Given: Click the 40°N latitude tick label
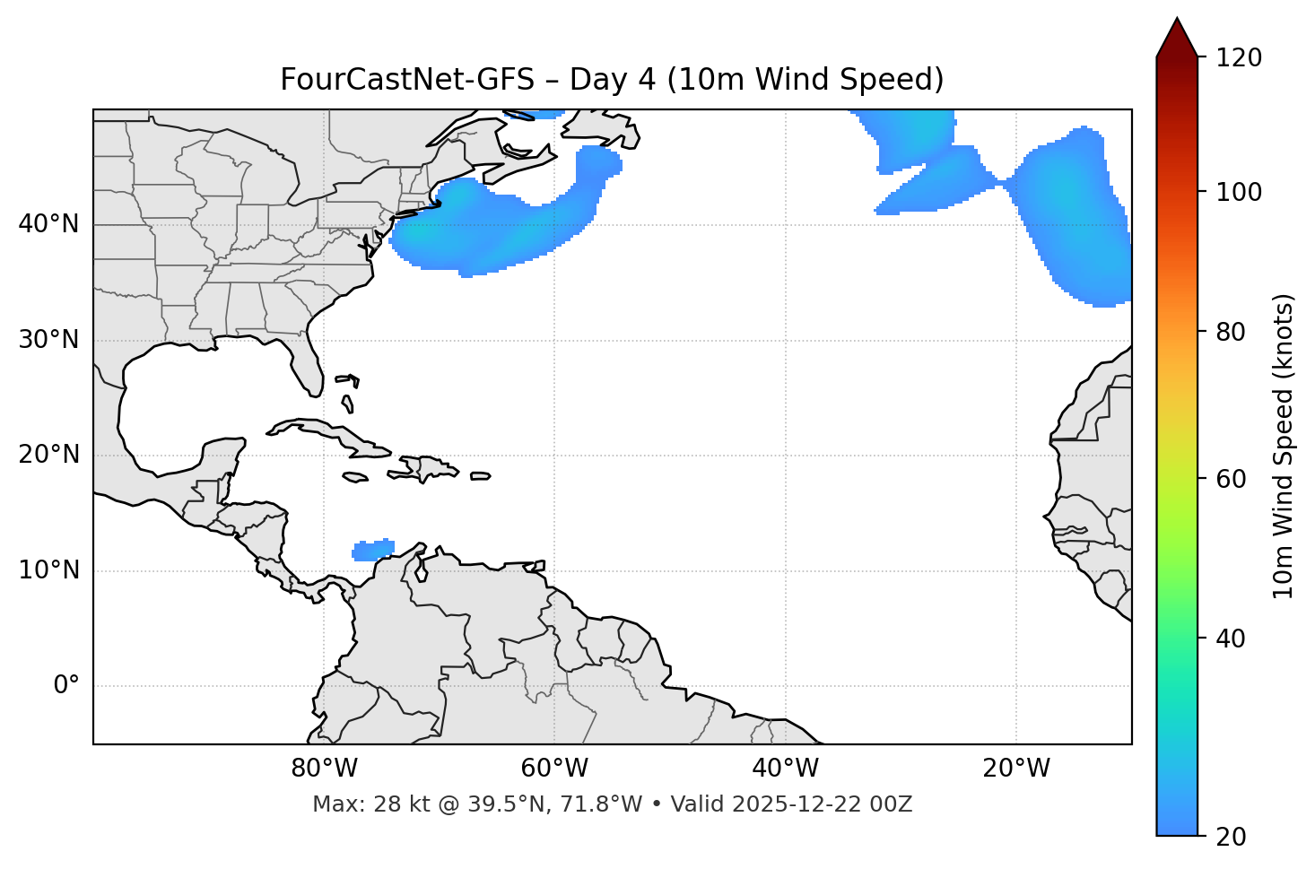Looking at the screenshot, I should click(x=48, y=224).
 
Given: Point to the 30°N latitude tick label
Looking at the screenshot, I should click(x=48, y=340).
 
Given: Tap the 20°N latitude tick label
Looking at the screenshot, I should click(x=48, y=455).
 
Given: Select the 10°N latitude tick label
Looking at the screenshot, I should click(x=48, y=570).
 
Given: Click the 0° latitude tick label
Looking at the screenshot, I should click(x=66, y=686).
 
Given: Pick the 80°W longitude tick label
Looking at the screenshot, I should click(x=324, y=769).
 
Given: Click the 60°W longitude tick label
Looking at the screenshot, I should click(x=554, y=769).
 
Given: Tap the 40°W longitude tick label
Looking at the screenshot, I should click(x=785, y=769).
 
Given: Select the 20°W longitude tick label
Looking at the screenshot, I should click(x=1015, y=769).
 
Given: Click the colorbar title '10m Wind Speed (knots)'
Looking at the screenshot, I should click(x=1284, y=447).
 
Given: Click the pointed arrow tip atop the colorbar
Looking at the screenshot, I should click(x=1177, y=22).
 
